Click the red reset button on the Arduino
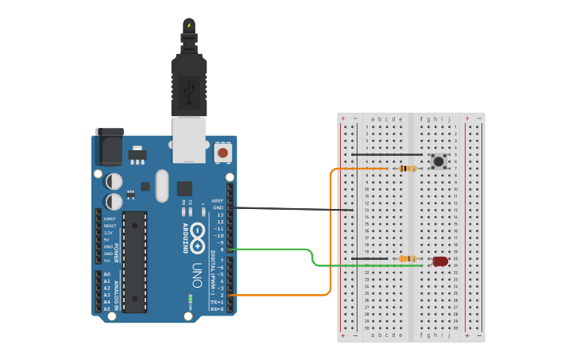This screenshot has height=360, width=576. (x=223, y=152)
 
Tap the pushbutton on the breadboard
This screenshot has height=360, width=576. (x=439, y=162)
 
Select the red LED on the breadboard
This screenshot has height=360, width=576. (x=440, y=261)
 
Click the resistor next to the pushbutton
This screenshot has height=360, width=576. (x=408, y=168)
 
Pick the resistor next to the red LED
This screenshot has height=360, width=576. (x=408, y=258)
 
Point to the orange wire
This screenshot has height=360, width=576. (x=331, y=238)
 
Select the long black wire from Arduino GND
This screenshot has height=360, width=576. (x=294, y=209)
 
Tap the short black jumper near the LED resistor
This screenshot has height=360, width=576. (x=369, y=258)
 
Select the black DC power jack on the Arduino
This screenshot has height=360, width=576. (x=109, y=148)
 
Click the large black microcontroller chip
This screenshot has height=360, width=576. (x=134, y=261)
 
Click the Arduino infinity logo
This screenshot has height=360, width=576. (x=197, y=237)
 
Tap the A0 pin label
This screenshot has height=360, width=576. (x=106, y=274)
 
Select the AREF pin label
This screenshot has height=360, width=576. (x=217, y=201)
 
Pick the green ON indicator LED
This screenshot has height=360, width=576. (x=190, y=300)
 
